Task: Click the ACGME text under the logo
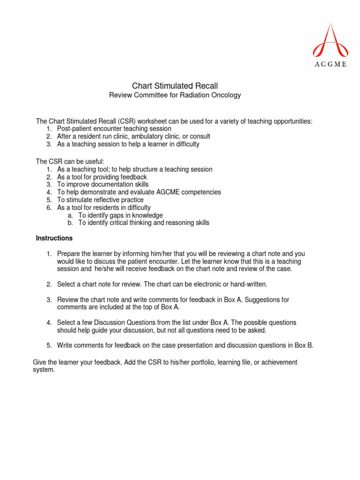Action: (330, 64)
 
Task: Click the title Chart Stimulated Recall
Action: (175, 86)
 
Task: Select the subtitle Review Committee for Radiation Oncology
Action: (175, 95)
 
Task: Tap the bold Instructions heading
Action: (54, 238)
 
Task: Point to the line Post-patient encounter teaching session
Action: (114, 128)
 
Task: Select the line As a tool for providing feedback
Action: (102, 177)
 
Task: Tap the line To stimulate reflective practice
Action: (100, 200)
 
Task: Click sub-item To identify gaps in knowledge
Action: (120, 215)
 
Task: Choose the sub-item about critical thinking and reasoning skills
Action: (143, 223)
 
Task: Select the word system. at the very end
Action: (44, 370)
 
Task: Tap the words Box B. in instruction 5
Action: (304, 345)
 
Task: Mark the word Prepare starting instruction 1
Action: (69, 254)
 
